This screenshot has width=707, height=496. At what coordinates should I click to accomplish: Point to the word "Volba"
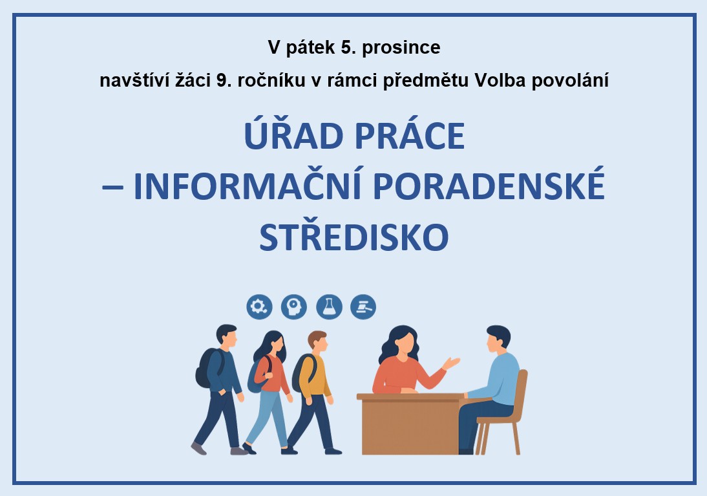500,80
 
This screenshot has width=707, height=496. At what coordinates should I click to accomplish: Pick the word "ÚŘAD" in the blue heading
293,135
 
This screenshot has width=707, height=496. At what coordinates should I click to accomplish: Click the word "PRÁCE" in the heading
410,135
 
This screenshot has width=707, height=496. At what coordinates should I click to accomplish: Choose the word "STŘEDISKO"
354,237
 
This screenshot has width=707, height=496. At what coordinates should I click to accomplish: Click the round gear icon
259,307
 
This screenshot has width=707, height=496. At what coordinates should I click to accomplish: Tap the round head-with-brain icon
294,307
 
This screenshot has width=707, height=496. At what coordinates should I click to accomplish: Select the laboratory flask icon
329,307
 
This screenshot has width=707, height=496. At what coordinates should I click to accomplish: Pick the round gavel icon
363,307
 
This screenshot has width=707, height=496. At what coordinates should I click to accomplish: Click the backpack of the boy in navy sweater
208,368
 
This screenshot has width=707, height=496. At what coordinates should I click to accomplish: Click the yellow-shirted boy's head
318,343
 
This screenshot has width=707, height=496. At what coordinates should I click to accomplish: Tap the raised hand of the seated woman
451,363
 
